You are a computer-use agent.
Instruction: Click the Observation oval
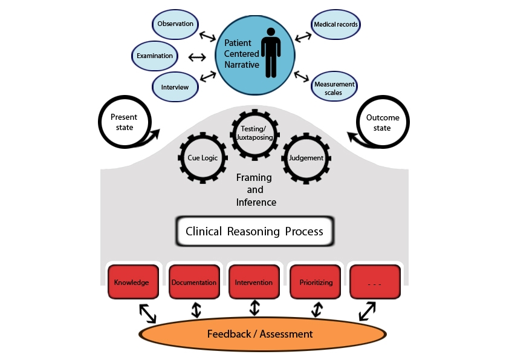point(175,24)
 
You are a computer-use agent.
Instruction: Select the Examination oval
point(155,56)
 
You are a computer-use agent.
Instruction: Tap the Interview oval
point(175,87)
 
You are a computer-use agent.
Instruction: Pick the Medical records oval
point(336,25)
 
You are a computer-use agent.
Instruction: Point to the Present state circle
point(123,122)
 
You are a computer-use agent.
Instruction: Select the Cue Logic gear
point(203,159)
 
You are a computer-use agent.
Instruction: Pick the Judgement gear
point(306,159)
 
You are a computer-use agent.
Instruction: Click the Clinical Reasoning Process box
point(254,232)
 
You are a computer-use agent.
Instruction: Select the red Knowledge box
point(132,282)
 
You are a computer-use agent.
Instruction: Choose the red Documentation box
point(193,282)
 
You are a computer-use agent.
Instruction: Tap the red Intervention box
point(254,282)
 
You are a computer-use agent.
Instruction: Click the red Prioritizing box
point(316,282)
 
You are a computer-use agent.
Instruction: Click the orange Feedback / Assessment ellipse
point(260,334)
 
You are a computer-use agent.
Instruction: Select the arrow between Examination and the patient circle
point(197,57)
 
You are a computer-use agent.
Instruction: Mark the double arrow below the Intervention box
point(254,308)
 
